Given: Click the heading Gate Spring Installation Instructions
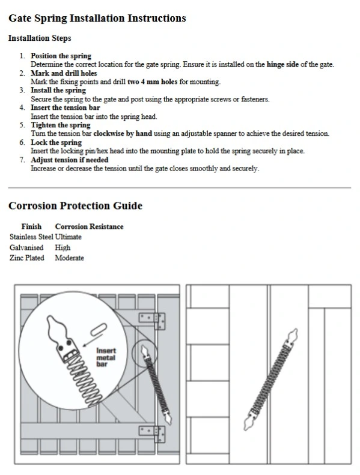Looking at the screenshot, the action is point(97,19).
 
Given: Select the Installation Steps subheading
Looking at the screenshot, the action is point(40,38).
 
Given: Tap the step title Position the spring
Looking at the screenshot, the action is point(61,56).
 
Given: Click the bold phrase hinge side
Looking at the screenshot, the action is point(282,64).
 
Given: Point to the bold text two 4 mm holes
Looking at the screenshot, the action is point(152,82).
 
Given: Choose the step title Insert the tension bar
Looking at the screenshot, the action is point(65,107).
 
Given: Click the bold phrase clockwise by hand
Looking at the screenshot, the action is point(123,133).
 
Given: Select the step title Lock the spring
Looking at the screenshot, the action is point(56,142).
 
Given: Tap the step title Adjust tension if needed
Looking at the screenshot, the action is point(70,160).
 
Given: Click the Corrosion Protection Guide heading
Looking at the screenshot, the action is point(76,206).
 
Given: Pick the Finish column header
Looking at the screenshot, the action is point(31,226).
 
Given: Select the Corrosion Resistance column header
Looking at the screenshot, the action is point(89,226).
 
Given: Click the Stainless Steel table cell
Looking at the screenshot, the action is point(31,237).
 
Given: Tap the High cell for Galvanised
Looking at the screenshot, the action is point(63,247).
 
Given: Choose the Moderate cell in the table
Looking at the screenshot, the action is point(69,258).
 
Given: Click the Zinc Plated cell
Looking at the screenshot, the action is point(26,258).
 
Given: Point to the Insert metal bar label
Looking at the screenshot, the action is point(106,357).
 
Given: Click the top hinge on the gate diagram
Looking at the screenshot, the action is point(152,321).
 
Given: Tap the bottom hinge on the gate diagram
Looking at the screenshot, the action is point(152,434).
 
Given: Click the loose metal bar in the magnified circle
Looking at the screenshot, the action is point(99,330).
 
